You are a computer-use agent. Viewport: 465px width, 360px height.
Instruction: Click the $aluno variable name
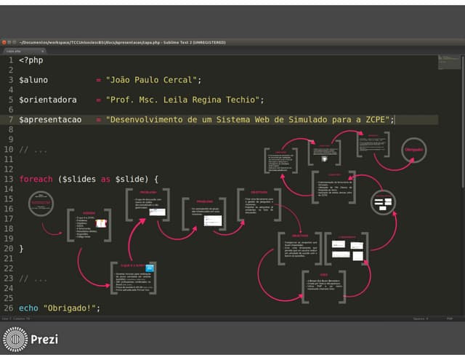[33, 80]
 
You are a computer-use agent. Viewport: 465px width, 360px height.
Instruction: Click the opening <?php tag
[31, 60]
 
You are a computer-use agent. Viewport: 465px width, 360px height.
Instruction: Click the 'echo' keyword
[28, 308]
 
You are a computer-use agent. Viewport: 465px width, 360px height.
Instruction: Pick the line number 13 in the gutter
[8, 179]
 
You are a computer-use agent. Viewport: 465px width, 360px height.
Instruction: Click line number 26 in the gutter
[8, 308]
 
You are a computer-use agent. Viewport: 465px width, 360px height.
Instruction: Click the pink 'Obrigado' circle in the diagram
[413, 150]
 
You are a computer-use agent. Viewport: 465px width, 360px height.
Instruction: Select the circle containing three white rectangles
[382, 203]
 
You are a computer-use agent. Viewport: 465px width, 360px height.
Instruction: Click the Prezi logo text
[44, 340]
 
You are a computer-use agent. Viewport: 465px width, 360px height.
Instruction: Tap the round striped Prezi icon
[15, 340]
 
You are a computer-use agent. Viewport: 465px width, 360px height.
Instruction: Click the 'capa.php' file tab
[15, 51]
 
